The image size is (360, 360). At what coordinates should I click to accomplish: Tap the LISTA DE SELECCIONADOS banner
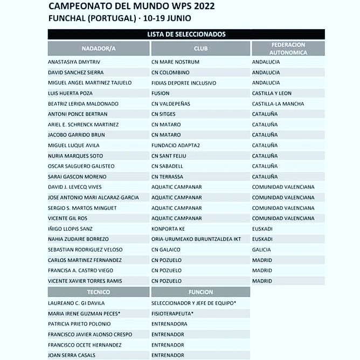[186, 34]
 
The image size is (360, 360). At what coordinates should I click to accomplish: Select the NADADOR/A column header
[99, 49]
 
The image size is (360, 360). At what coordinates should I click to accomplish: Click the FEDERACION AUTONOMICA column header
[288, 49]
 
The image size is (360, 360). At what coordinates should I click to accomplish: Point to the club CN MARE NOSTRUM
[175, 62]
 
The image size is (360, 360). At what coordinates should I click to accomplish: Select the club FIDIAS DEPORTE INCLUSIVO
[184, 83]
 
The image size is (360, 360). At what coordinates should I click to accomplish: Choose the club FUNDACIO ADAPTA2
[178, 146]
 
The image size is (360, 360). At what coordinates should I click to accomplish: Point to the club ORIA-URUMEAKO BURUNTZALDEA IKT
[198, 239]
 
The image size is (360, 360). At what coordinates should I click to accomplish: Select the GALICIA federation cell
[262, 250]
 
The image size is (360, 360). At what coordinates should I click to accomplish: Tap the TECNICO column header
[99, 292]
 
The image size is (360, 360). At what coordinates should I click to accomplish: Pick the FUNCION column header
[200, 292]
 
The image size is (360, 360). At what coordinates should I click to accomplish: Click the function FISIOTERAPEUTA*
[172, 314]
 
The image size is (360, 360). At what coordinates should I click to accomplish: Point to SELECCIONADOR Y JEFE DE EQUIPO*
[193, 303]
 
